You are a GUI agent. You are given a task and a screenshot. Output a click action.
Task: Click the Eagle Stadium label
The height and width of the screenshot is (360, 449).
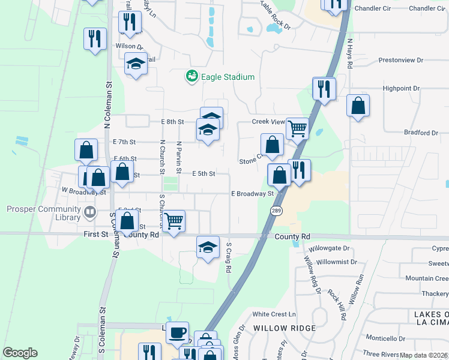(228, 77)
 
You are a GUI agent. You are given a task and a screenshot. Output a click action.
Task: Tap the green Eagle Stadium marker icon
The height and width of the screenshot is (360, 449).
(191, 76)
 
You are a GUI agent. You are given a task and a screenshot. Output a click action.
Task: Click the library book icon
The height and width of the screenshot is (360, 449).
(89, 211)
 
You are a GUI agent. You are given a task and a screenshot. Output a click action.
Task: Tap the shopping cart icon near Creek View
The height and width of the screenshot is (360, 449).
(297, 128)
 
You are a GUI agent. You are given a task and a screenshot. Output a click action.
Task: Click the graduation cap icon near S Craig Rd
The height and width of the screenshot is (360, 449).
(207, 247)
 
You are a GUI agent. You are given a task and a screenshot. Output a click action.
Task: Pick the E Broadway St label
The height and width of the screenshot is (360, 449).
(253, 193)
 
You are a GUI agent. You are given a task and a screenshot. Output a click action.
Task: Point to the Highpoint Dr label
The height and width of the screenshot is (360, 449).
(401, 88)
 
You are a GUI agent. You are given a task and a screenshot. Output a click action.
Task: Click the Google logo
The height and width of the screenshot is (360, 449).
(20, 353)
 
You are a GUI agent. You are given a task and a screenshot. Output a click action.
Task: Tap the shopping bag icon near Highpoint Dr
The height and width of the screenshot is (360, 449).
(358, 106)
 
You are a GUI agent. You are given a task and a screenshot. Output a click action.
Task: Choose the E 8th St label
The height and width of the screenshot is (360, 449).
(172, 122)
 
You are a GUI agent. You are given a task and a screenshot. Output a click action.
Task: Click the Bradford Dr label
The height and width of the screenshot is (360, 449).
(421, 133)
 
